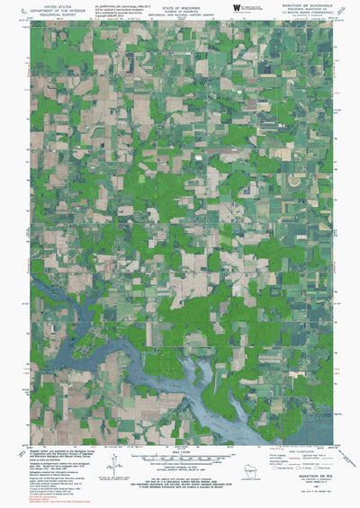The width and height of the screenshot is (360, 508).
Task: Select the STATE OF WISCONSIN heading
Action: [x=180, y=5]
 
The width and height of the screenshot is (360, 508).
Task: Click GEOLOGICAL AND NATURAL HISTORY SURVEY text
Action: [x=180, y=14]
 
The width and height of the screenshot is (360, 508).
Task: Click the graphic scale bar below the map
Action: [x=180, y=457]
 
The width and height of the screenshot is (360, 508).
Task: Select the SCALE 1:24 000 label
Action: [x=180, y=450]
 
